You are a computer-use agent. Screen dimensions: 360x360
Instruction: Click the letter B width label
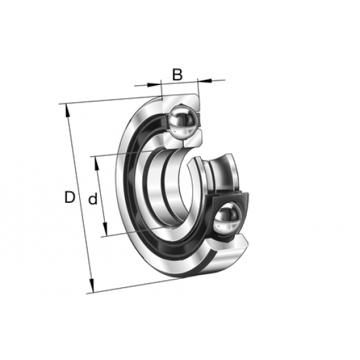[177, 74]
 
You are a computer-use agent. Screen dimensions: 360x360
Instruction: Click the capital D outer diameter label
[69, 197]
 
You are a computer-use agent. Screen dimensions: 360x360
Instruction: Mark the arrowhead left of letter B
[156, 84]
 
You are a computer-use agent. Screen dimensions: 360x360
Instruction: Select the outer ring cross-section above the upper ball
[180, 100]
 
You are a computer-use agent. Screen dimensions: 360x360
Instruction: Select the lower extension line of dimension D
[131, 287]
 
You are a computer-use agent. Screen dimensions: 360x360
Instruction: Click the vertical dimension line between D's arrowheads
[79, 196]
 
